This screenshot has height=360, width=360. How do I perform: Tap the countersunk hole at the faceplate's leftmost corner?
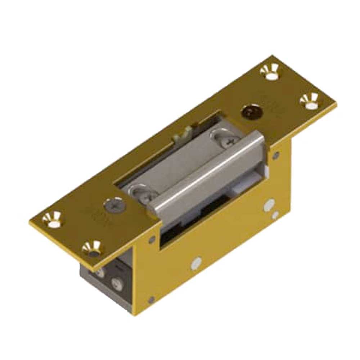(53, 220)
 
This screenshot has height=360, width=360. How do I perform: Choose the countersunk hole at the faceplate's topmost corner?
(270, 71)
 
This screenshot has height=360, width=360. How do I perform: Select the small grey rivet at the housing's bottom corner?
(152, 300)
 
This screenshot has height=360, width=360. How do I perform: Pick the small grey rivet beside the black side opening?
(152, 239)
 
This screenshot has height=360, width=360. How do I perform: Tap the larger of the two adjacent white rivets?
(269, 206)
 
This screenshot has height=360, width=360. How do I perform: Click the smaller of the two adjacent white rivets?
(275, 216)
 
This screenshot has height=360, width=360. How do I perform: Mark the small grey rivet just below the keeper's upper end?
(276, 156)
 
